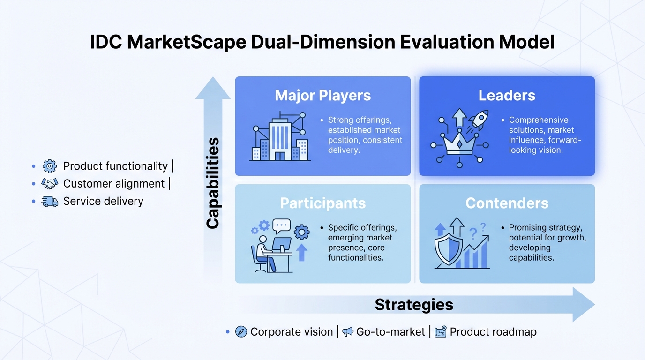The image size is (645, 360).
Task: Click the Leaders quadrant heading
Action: coord(507,96)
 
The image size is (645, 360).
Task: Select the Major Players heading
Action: coord(323,96)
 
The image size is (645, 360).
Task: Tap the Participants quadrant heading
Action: coord(323,203)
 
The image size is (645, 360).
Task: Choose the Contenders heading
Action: coord(507,203)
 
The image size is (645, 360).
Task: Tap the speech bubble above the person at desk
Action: coord(282,226)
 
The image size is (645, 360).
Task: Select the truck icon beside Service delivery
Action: coord(50,202)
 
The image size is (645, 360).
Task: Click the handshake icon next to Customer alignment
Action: coord(50,184)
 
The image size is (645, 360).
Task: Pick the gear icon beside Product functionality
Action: coord(50,166)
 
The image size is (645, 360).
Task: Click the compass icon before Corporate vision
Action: coord(241,332)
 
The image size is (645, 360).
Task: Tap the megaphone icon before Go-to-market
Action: coord(348,332)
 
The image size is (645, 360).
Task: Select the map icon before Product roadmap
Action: coord(441,332)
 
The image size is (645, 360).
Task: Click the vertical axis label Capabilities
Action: coord(213,183)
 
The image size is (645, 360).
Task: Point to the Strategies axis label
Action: coord(414,305)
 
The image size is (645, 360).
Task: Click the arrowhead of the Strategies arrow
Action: coord(584,304)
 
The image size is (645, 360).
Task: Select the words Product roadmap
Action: coord(493,332)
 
